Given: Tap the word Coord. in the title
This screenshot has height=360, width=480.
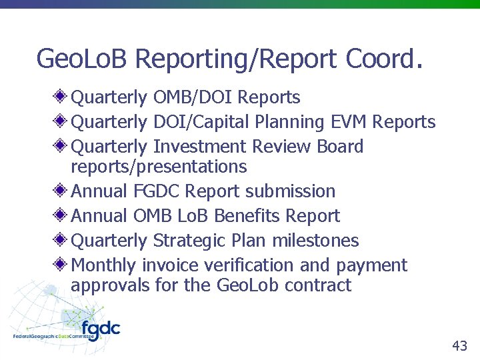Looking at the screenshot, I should pos(384,59).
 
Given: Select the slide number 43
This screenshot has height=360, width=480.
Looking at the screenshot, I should pos(459,345).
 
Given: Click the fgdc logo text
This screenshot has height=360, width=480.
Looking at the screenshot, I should pos(100,329).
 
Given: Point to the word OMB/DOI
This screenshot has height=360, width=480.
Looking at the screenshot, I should pos(193,97).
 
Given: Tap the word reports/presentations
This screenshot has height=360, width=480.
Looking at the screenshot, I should pos(159,166).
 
